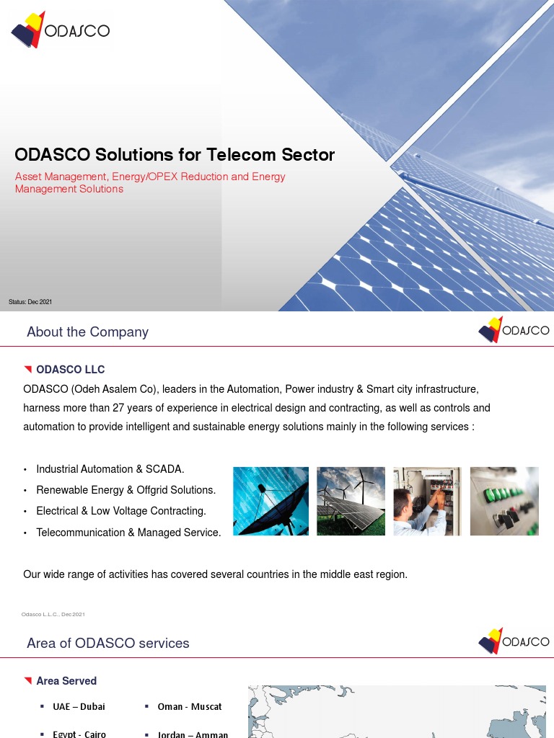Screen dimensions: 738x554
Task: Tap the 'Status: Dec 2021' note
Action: (30, 301)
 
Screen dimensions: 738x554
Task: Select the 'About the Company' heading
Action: (87, 332)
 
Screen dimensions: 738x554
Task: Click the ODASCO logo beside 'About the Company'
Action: (514, 331)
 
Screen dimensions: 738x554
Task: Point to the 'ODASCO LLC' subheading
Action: (70, 370)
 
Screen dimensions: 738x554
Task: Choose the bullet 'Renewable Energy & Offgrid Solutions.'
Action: (126, 490)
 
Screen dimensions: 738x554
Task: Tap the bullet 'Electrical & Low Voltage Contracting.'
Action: (121, 511)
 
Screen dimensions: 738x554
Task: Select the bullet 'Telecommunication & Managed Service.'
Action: (128, 533)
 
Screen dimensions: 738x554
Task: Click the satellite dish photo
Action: (271, 501)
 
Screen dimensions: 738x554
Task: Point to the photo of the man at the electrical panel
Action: (427, 501)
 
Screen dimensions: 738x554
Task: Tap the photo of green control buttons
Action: (504, 501)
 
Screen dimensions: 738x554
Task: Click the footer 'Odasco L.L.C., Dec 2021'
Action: (53, 614)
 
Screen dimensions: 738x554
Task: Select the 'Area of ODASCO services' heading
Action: (108, 644)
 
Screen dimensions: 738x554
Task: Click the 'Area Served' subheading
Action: (66, 681)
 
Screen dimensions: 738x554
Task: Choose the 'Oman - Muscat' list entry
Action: (190, 707)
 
